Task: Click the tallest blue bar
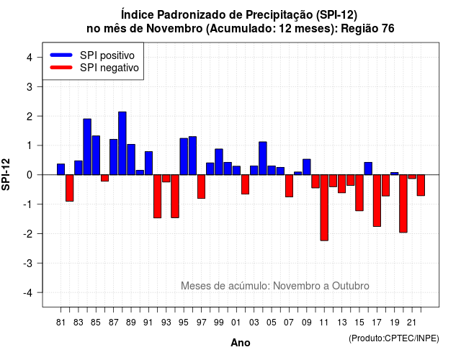click(x=122, y=143)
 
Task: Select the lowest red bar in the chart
click(x=324, y=207)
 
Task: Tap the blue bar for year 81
click(x=61, y=169)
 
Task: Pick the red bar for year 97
click(x=202, y=186)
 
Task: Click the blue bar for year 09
click(x=307, y=167)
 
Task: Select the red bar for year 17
click(x=377, y=200)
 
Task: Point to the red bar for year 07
click(x=290, y=186)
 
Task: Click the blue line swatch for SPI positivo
click(x=61, y=55)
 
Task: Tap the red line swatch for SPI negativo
click(x=61, y=67)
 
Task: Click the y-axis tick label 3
click(x=30, y=86)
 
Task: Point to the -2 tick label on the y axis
click(x=28, y=233)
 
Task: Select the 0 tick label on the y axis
click(x=30, y=175)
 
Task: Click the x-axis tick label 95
click(x=184, y=323)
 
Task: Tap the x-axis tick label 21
click(x=411, y=323)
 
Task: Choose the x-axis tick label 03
click(x=254, y=323)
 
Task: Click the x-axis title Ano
click(x=241, y=343)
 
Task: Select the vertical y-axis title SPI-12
click(x=6, y=174)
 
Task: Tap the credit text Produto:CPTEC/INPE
click(x=394, y=338)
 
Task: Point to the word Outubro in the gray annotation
click(x=351, y=286)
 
